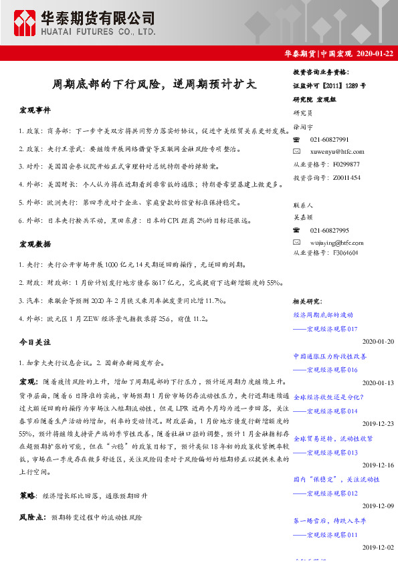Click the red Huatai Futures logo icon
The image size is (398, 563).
coord(25,23)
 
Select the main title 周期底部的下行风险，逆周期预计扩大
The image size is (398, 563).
coord(155,85)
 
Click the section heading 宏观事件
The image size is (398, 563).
coord(34,109)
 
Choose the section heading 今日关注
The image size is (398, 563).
coord(34,342)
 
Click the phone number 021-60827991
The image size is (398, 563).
coord(330,139)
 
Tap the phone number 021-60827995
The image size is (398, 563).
coord(330,229)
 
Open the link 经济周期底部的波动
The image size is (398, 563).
coord(323,314)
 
